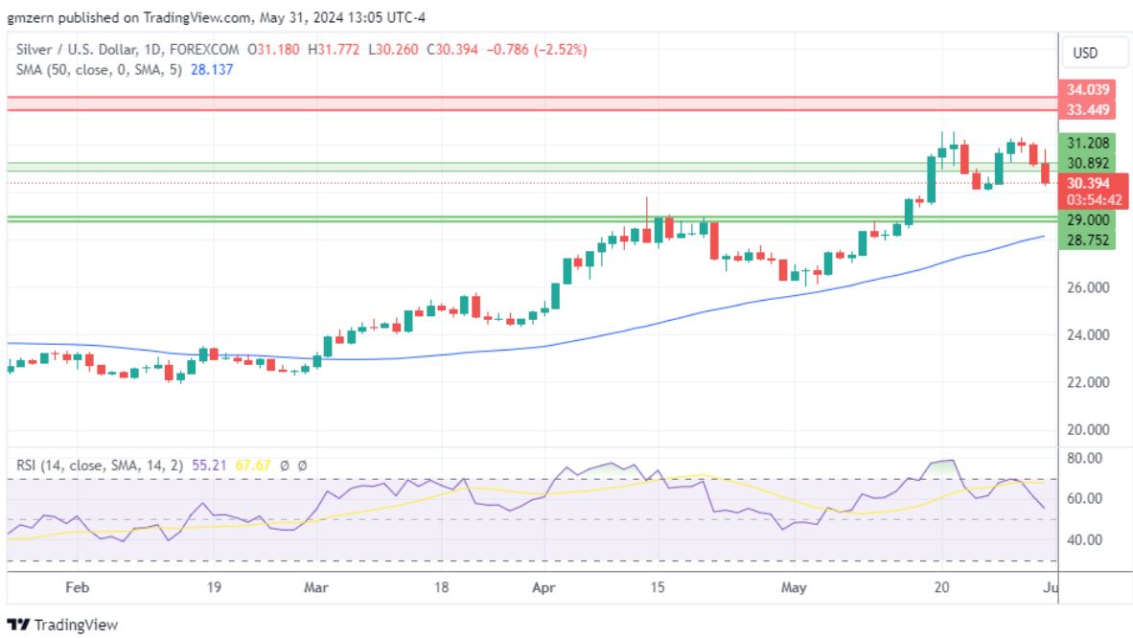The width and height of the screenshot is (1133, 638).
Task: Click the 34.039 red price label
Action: (1088, 89)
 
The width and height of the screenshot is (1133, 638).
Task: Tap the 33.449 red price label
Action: (1088, 109)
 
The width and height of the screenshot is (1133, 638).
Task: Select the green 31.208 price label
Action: (1088, 143)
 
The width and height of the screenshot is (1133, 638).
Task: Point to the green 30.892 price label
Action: (1088, 163)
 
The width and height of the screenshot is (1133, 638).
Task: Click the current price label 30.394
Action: (1088, 183)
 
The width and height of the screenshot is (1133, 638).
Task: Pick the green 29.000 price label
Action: (1088, 219)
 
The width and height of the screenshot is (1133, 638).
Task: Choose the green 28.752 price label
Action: (1088, 240)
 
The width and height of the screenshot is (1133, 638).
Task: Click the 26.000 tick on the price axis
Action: (1088, 287)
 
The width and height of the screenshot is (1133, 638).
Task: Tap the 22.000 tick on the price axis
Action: (1088, 382)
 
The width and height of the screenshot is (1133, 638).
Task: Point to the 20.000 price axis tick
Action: (1088, 429)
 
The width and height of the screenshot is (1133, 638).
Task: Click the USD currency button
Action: (1084, 53)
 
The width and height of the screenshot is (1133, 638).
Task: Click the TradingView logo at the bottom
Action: (62, 625)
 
